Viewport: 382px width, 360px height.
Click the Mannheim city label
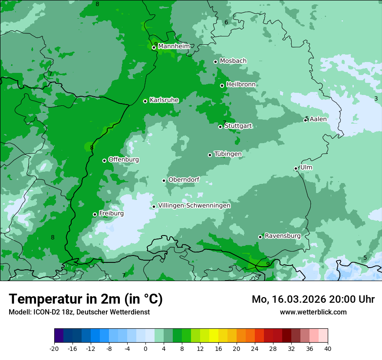174,46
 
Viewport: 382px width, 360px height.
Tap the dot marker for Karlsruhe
145,101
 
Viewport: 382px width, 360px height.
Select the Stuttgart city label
238,126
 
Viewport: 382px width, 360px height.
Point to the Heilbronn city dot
222,85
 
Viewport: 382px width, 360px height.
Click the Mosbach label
233,61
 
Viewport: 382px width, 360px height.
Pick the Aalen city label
318,119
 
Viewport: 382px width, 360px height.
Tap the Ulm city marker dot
296,168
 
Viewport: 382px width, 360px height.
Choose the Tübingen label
228,154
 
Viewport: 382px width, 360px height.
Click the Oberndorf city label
184,180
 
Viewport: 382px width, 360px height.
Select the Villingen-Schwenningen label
194,206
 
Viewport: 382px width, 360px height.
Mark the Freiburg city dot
95,214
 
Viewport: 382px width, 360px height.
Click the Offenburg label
124,160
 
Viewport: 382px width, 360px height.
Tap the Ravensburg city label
283,236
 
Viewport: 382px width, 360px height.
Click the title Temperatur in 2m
86,299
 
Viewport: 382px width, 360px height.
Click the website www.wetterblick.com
313,312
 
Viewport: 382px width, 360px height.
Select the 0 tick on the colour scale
145,348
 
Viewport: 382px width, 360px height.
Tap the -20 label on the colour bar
54,348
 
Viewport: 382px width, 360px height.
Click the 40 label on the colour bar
327,348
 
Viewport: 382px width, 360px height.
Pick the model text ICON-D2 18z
54,312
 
